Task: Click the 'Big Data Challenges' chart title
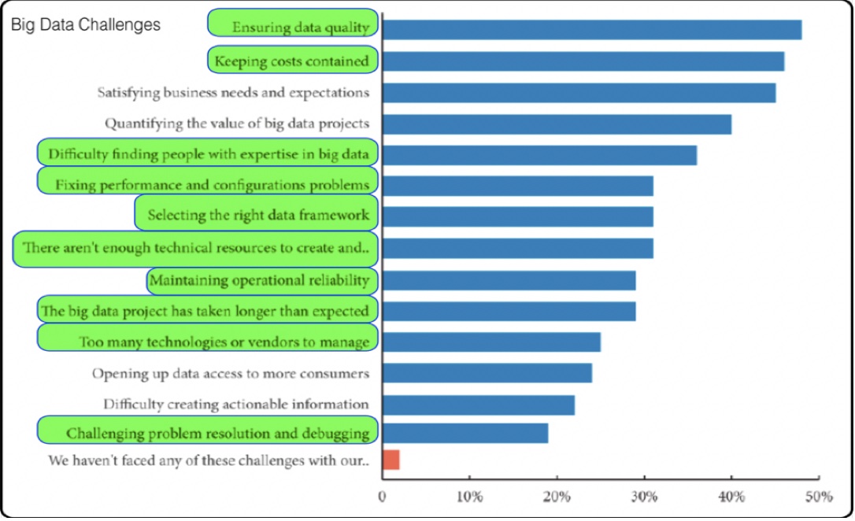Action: [x=86, y=25]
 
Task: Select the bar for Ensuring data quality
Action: [x=591, y=30]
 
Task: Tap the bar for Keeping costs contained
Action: [x=583, y=61]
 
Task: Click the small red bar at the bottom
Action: [x=390, y=460]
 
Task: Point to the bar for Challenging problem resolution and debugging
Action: [x=465, y=434]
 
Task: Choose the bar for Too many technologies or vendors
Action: [x=491, y=342]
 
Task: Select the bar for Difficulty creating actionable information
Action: [x=478, y=405]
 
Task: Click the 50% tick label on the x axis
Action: [x=818, y=497]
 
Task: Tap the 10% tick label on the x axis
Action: [x=469, y=497]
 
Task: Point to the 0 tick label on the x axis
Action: [x=383, y=497]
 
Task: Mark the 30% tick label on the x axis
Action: [x=644, y=497]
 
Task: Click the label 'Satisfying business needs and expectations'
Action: [x=233, y=92]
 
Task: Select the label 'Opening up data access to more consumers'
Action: [x=231, y=373]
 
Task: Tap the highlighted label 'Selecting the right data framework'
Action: [x=258, y=214]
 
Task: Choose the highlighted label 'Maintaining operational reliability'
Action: [x=260, y=280]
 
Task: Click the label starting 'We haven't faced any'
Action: [x=209, y=460]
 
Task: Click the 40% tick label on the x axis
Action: [x=731, y=497]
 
